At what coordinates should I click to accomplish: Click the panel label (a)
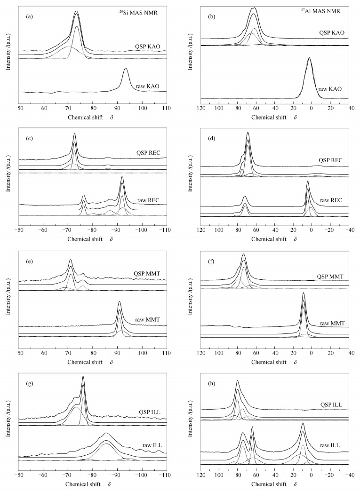click(x=29, y=16)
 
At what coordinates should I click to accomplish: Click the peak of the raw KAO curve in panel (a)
click(x=126, y=69)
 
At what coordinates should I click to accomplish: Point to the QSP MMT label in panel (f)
click(x=331, y=277)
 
